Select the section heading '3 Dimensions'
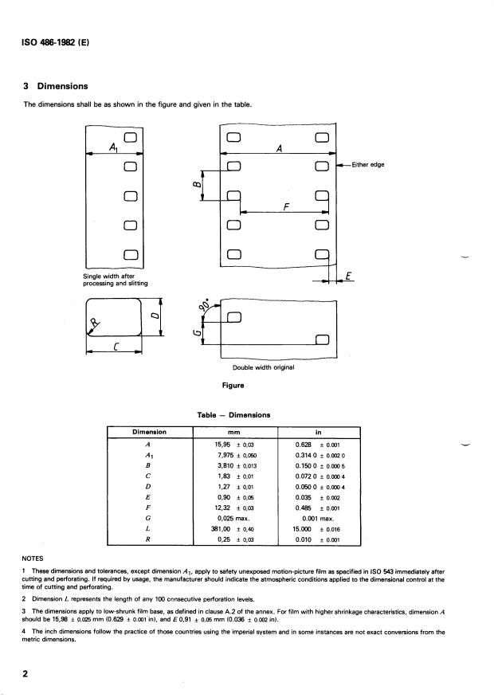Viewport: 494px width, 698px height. [x=56, y=86]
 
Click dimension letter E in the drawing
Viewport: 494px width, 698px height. [x=348, y=276]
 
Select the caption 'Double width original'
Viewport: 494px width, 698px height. [x=263, y=367]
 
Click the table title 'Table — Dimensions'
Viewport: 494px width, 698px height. [x=234, y=414]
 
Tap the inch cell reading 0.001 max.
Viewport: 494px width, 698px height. [x=318, y=516]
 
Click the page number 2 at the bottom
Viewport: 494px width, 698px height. [x=26, y=674]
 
